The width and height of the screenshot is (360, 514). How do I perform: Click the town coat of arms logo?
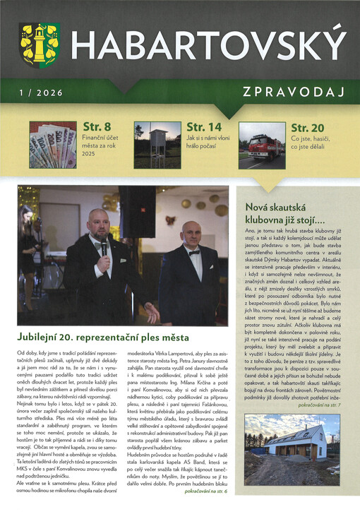tap(39, 43)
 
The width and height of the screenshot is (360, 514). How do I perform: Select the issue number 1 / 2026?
tap(42, 92)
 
